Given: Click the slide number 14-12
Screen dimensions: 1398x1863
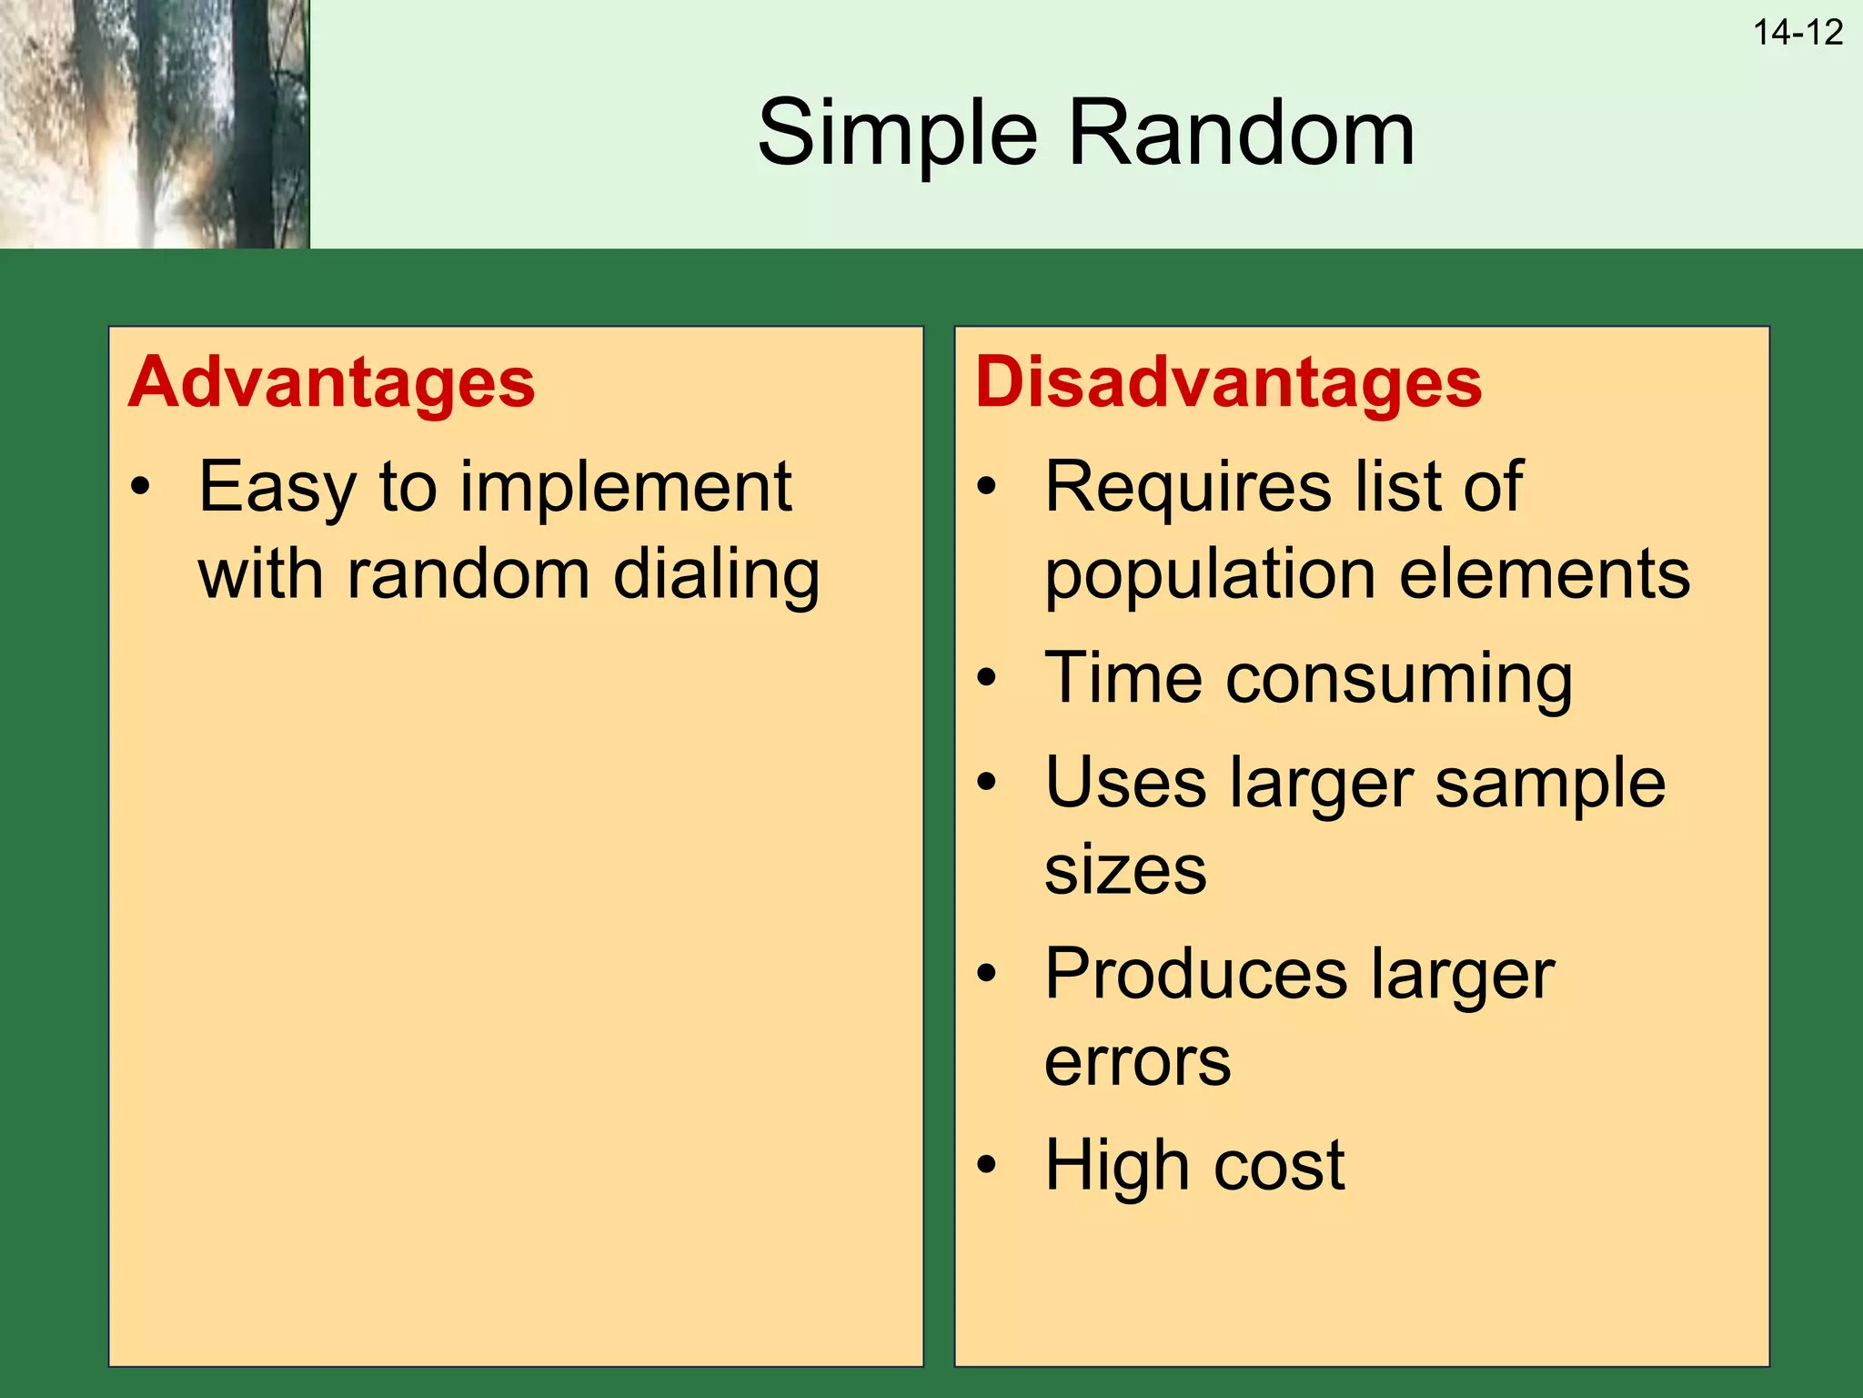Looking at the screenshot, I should click(1798, 34).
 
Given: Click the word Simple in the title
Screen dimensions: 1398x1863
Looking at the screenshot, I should click(897, 134).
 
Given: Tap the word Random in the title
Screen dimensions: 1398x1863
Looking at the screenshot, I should click(1241, 134).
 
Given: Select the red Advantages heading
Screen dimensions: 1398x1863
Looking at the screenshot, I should click(332, 382).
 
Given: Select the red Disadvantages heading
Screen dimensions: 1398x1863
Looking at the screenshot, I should click(1228, 382).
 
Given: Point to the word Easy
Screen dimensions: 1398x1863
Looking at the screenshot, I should click(277, 489).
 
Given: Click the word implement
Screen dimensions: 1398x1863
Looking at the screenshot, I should click(626, 489).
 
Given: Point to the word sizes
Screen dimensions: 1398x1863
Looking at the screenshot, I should click(1125, 870).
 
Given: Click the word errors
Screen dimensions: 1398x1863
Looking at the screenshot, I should click(1137, 1062).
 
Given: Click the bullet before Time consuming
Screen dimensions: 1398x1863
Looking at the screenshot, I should click(986, 678).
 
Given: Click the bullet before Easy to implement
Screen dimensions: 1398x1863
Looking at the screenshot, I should click(139, 487).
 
